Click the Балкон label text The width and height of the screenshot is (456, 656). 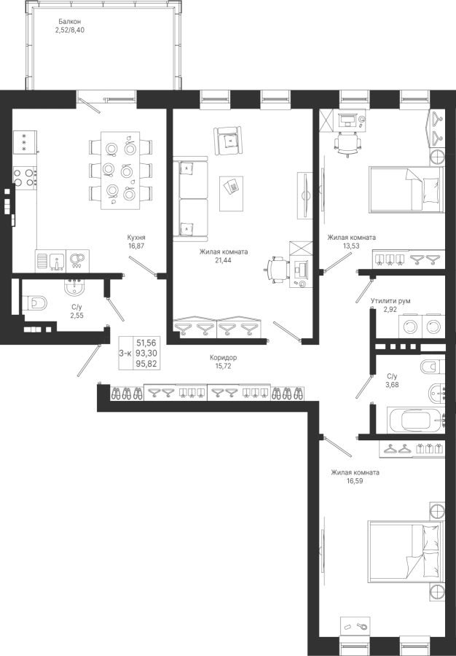[x=70, y=21]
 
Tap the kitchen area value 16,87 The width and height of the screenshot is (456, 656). [x=136, y=246]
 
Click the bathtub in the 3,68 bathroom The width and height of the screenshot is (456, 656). [x=416, y=420]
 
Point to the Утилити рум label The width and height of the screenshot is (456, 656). [x=390, y=301]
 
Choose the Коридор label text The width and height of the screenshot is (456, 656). [x=223, y=358]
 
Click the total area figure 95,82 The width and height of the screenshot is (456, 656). [x=146, y=364]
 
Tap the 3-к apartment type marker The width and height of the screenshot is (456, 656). [x=125, y=354]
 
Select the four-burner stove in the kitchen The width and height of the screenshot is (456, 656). [x=25, y=177]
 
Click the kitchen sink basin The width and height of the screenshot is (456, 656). [x=56, y=262]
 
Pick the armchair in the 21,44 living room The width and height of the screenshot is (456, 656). [x=228, y=141]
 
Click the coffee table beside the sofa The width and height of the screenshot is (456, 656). [x=232, y=193]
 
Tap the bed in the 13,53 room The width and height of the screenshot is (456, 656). [x=406, y=189]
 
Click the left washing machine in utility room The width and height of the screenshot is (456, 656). [x=410, y=327]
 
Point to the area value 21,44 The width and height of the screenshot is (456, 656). [x=223, y=260]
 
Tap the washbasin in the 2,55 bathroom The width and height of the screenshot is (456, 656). [x=75, y=286]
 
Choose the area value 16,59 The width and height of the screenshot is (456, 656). [x=355, y=481]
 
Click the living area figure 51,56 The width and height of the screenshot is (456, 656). [x=146, y=343]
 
